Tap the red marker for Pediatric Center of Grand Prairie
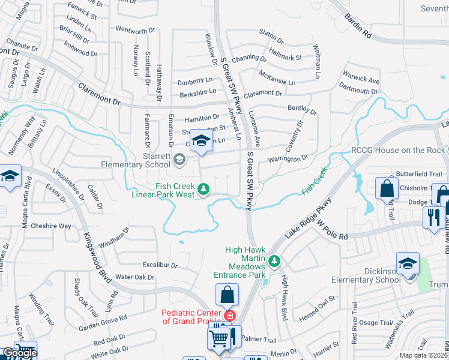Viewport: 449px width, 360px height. click(228, 315)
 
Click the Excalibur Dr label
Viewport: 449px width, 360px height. click(160, 265)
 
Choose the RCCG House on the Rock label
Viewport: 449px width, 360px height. click(398, 151)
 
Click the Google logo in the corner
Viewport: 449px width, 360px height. click(19, 353)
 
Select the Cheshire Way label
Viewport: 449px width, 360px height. click(51, 226)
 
